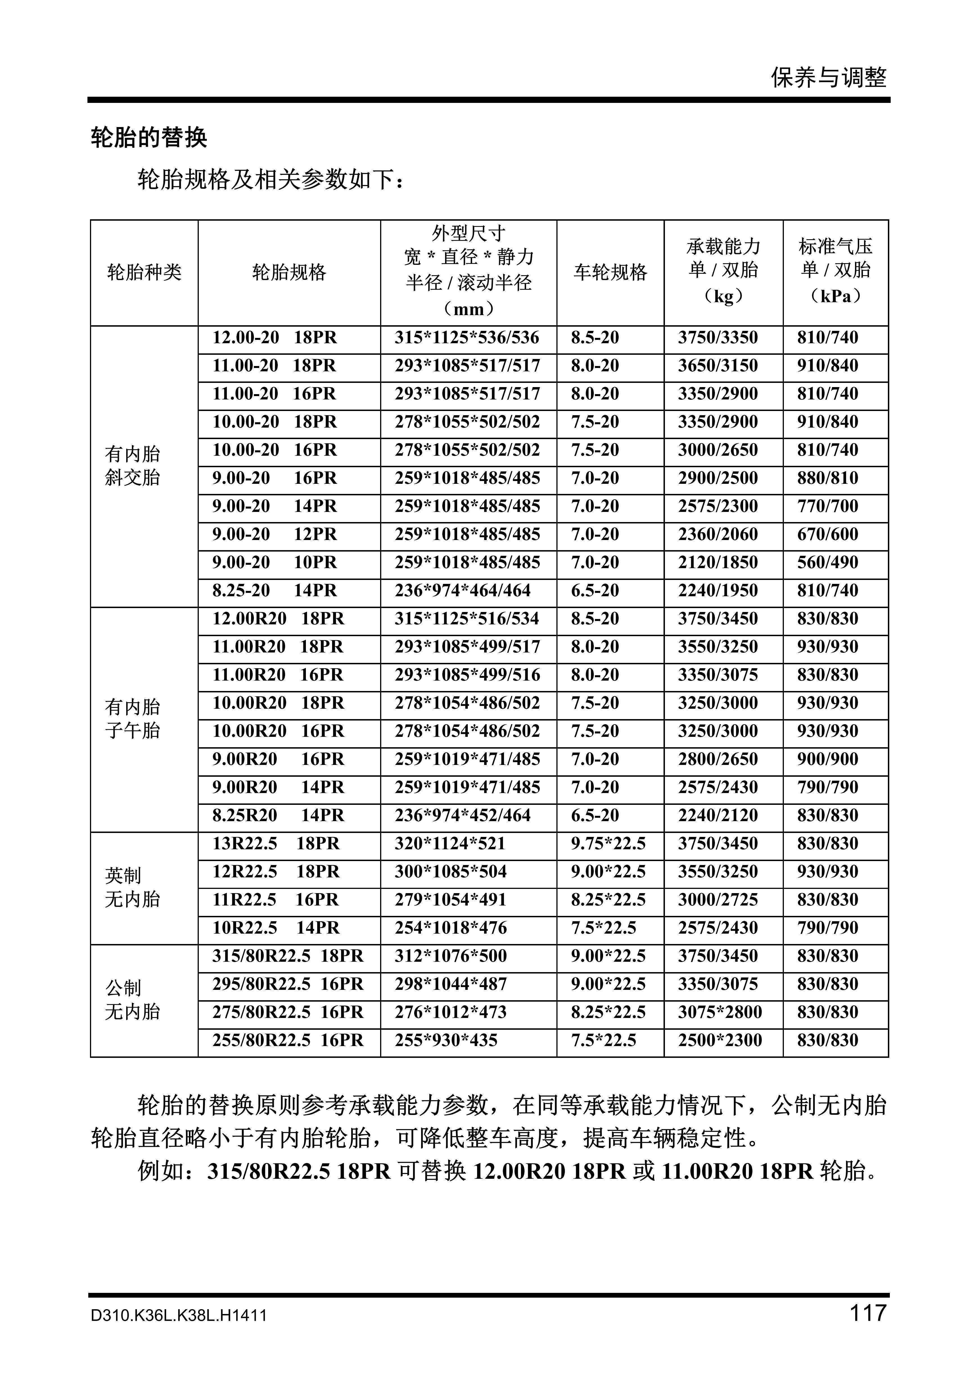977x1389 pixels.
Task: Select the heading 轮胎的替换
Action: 149,138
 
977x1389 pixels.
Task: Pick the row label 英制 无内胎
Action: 132,887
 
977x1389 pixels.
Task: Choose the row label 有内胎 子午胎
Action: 132,719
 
